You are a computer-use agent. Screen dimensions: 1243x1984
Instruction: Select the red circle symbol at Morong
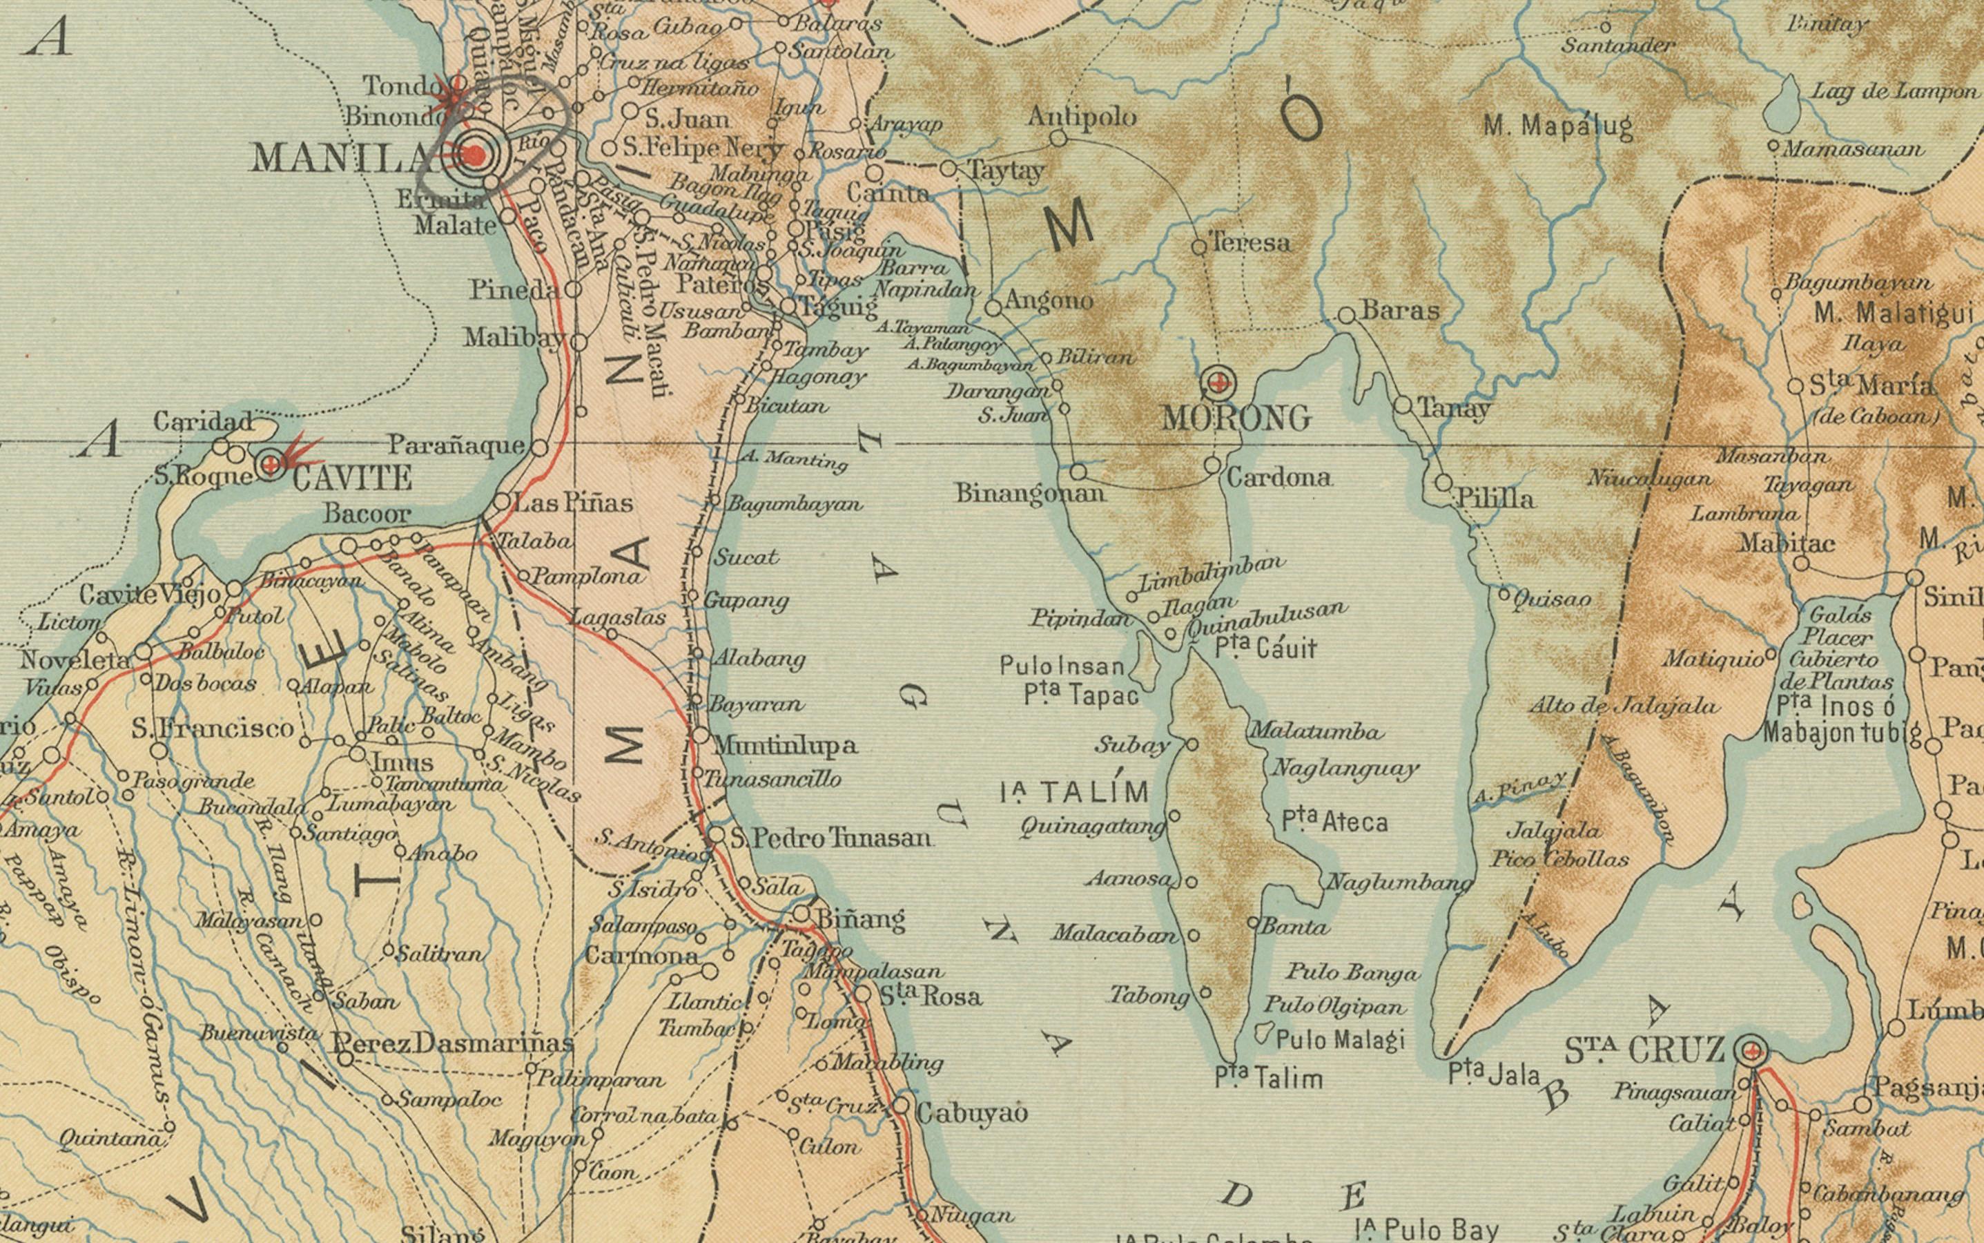tap(1219, 381)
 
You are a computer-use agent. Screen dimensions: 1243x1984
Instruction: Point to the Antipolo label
tap(1082, 117)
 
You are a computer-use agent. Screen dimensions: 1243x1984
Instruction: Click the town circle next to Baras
tap(1346, 316)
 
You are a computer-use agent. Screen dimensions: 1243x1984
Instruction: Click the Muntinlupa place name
tap(785, 746)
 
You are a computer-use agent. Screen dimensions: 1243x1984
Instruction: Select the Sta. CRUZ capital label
tap(1643, 1050)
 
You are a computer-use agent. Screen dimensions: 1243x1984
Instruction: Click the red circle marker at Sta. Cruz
tap(1751, 1050)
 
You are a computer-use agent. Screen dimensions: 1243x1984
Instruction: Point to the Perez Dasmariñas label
tap(452, 1044)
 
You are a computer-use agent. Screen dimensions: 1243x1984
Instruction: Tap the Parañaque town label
tap(456, 445)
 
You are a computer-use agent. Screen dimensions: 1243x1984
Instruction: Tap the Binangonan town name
tap(1030, 493)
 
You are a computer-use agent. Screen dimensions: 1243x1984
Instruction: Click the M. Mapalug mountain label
tap(1557, 126)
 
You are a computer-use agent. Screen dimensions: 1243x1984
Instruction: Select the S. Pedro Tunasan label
tap(832, 838)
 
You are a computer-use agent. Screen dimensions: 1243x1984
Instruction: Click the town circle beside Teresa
tap(1199, 246)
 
